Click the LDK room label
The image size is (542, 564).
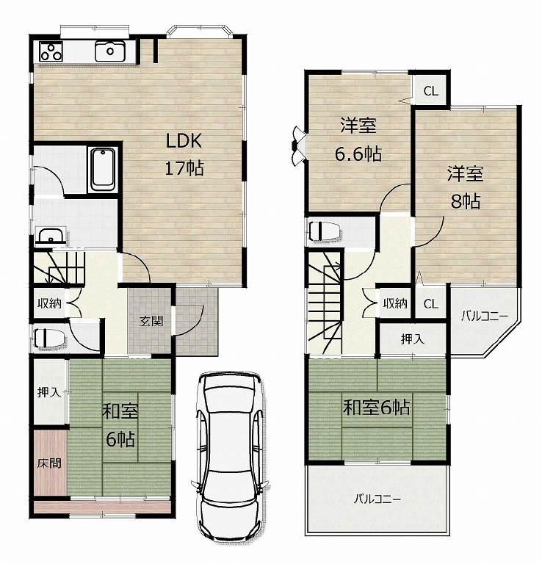184,141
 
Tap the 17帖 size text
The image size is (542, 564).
184,167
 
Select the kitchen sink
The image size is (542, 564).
110,51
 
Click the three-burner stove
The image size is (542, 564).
51,51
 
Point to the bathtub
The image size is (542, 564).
103,170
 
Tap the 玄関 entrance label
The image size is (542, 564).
151,320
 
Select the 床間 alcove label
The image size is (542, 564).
49,463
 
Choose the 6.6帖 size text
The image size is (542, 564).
358,154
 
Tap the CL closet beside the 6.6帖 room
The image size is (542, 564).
430,91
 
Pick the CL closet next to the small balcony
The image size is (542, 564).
430,304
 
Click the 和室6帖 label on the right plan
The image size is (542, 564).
376,408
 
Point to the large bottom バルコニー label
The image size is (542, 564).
377,499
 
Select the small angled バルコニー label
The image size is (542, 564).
485,317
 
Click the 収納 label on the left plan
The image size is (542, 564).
50,303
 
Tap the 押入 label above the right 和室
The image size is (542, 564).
413,339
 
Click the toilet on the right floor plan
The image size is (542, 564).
324,231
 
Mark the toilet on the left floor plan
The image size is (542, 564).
50,339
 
